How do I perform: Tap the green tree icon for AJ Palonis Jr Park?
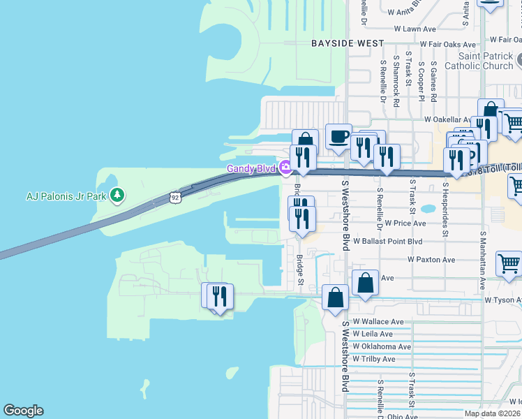coord(117,195)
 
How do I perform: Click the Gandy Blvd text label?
coord(251,168)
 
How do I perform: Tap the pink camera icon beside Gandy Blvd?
coord(285,168)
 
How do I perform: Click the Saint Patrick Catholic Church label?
coord(485,61)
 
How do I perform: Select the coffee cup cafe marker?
coord(339,136)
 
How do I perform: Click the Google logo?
coord(23,411)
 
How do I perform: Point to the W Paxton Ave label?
coord(431,260)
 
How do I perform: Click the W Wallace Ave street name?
coord(378,322)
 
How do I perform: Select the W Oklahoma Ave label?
coord(382,346)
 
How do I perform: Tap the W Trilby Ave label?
coord(374,359)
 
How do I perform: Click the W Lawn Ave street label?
coord(415,29)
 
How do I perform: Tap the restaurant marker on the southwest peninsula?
coord(218,295)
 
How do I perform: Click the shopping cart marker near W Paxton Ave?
coord(508,265)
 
